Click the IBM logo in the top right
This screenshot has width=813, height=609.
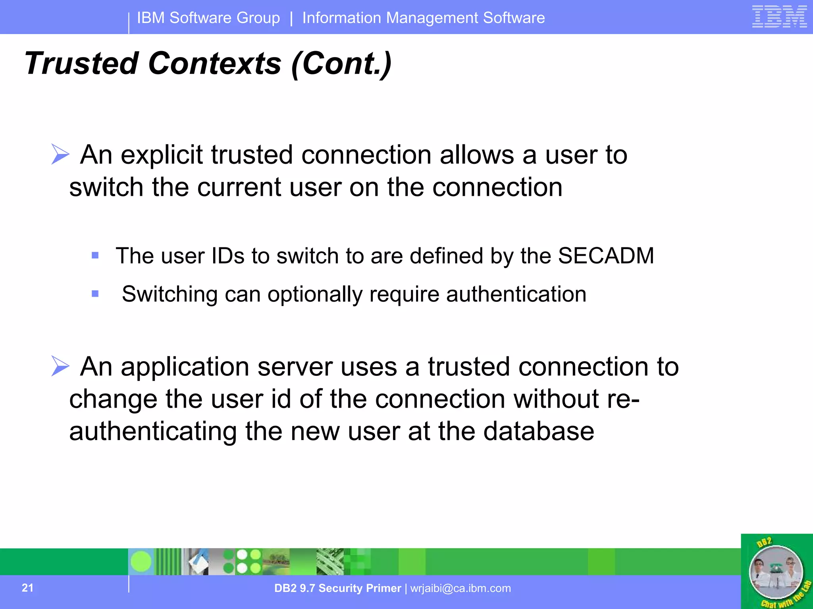point(779,17)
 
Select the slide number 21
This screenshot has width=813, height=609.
point(27,588)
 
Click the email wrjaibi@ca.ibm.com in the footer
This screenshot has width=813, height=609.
point(460,588)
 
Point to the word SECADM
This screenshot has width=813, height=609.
point(606,256)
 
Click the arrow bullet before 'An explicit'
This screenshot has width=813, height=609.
point(60,154)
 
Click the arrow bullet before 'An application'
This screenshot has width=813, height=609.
point(60,366)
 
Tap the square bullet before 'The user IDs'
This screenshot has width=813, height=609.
point(95,255)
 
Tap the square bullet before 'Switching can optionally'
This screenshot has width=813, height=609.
point(95,294)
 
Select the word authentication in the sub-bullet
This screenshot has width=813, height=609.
point(516,294)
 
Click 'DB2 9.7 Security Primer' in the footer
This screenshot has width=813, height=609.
point(337,588)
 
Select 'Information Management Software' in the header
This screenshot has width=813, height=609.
point(424,18)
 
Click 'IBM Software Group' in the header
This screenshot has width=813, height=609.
point(208,18)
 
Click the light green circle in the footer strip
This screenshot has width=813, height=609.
point(141,561)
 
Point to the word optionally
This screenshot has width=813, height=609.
point(314,294)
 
